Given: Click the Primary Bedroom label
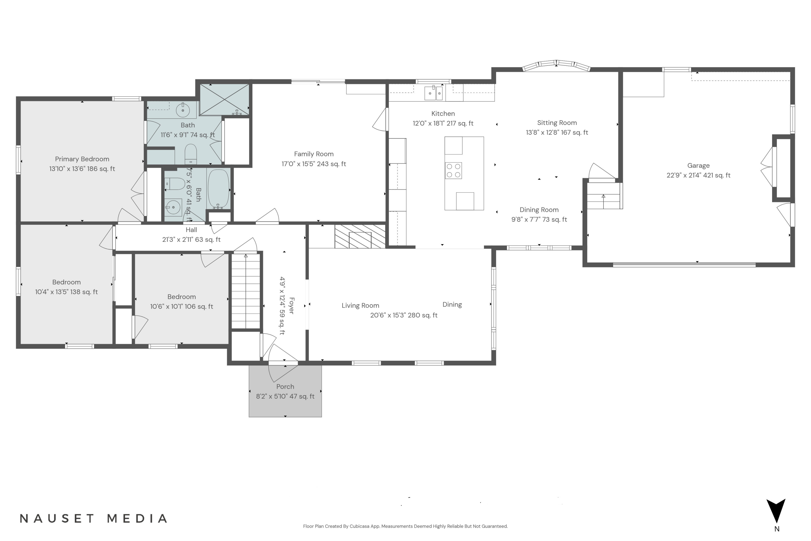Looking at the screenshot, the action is point(82,159).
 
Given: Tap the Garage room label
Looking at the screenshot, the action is point(698,166).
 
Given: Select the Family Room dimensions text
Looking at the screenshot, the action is point(314,164).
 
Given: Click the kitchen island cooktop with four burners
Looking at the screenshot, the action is point(453,170).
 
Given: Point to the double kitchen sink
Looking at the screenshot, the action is point(434,93).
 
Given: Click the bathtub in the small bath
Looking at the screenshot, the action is point(218,189).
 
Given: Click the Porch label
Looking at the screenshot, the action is point(285,387).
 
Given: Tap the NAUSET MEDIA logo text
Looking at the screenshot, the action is point(94,518).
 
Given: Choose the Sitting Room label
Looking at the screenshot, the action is point(557,123).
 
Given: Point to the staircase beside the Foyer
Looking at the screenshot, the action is point(245,292).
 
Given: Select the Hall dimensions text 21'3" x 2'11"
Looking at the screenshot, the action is point(191,239).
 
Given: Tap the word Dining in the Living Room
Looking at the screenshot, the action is point(452,304).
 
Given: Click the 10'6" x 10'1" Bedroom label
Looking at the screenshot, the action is point(182,297).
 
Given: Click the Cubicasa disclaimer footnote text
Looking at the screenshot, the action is point(405,526).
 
